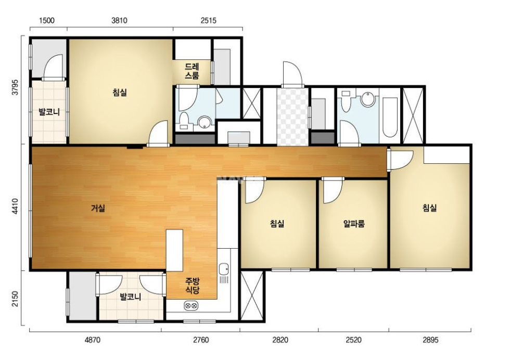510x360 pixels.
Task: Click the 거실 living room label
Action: pyautogui.click(x=98, y=208)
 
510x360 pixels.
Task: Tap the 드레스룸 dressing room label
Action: pyautogui.click(x=192, y=71)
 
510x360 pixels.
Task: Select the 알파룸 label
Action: pyautogui.click(x=354, y=224)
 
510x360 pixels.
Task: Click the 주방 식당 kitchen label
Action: pyautogui.click(x=192, y=286)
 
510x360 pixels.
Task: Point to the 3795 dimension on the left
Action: pyautogui.click(x=15, y=87)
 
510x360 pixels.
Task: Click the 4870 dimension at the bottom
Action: pyautogui.click(x=93, y=340)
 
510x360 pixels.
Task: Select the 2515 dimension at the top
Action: pyautogui.click(x=208, y=20)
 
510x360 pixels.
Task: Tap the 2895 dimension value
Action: pyautogui.click(x=430, y=340)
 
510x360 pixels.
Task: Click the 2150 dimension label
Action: pyautogui.click(x=15, y=299)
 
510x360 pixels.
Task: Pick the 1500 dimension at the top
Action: pyautogui.click(x=46, y=20)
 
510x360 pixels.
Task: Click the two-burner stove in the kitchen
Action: pyautogui.click(x=191, y=306)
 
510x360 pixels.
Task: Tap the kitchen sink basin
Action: pyautogui.click(x=223, y=269)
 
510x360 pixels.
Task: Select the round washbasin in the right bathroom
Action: pyautogui.click(x=368, y=99)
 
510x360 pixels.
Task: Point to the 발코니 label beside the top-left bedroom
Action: pyautogui.click(x=49, y=112)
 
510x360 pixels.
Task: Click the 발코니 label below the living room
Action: pyautogui.click(x=130, y=297)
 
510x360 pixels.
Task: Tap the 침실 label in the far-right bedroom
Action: pyautogui.click(x=429, y=208)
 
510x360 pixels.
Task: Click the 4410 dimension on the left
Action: pyautogui.click(x=15, y=206)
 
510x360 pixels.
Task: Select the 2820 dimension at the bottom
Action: pyautogui.click(x=280, y=340)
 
